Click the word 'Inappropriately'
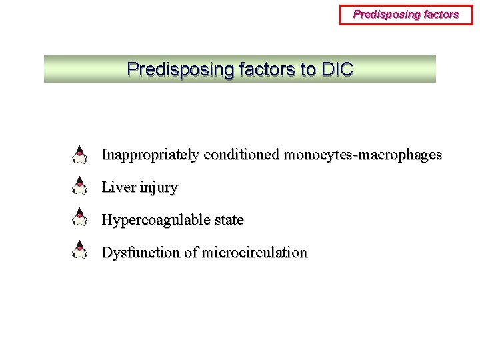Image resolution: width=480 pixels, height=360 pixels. tap(150, 155)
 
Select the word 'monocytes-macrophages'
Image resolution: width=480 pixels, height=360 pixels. tap(363, 155)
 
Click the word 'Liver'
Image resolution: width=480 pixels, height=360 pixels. tap(118, 188)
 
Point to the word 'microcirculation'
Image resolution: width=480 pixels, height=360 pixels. tap(255, 253)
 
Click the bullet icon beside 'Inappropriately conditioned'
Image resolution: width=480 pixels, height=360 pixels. tap(79, 155)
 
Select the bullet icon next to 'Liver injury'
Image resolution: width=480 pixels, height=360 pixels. tap(79, 186)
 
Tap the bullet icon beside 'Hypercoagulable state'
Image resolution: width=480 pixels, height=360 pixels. tap(79, 218)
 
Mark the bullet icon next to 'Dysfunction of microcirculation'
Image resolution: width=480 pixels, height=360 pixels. tap(79, 250)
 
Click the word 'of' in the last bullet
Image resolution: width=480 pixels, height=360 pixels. tap(191, 253)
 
